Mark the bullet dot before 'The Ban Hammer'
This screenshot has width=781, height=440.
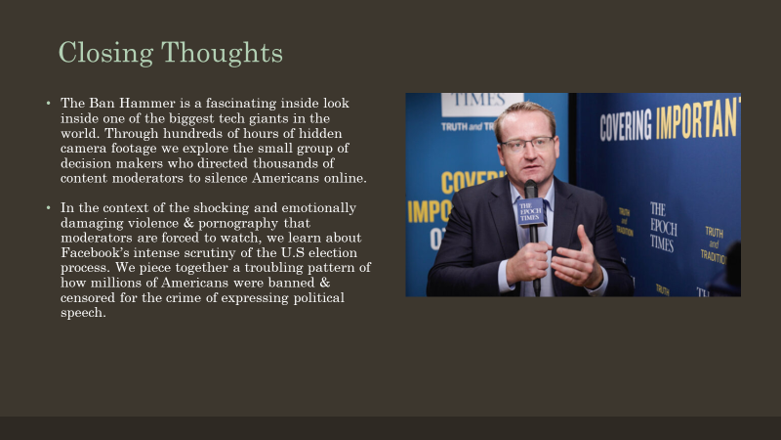tap(47, 103)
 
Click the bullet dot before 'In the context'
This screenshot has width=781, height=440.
tap(47, 207)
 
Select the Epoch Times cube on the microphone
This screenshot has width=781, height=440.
tap(531, 211)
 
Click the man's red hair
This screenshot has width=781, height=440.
tap(523, 110)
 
